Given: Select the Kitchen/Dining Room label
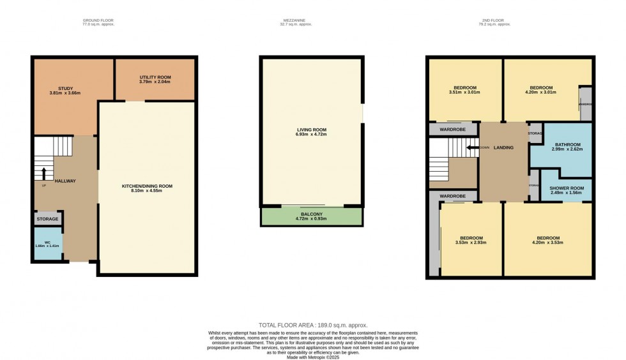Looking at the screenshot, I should pos(148,186).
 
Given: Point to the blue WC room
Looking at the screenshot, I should pos(47,245).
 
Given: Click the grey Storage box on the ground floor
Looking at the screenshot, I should pos(47,219).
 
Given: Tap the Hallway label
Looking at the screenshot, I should pos(65,181).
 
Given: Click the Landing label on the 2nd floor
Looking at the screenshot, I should pos(503,147).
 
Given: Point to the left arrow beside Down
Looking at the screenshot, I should pos(471,147).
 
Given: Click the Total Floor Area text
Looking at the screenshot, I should pos(313,326).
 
